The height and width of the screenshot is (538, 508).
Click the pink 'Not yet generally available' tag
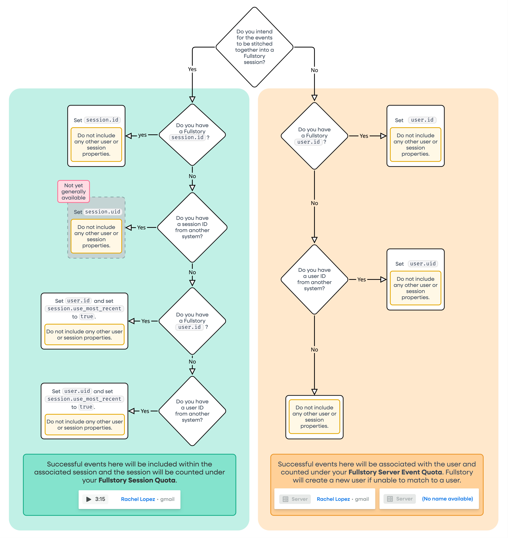[73, 191]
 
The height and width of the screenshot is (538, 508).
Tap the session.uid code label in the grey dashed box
[103, 212]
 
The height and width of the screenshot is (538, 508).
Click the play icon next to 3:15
[89, 499]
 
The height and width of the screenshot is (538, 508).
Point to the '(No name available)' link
[447, 499]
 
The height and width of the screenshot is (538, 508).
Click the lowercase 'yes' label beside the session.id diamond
[142, 135]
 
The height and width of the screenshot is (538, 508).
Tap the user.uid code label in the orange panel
[423, 264]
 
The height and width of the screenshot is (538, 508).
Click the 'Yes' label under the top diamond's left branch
[192, 69]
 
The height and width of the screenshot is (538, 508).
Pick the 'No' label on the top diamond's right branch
[314, 70]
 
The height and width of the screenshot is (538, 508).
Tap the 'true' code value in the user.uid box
[86, 407]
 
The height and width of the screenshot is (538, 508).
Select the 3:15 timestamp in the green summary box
[100, 499]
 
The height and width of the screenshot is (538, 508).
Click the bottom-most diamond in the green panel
[192, 411]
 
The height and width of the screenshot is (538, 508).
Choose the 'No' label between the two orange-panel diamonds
[314, 203]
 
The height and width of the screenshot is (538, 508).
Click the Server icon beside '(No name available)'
[390, 499]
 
